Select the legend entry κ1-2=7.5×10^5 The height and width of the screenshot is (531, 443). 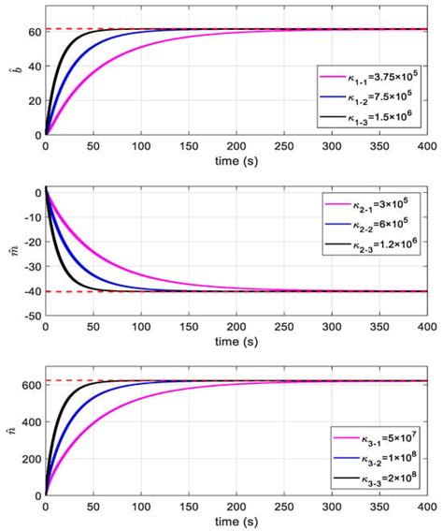coord(374,96)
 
